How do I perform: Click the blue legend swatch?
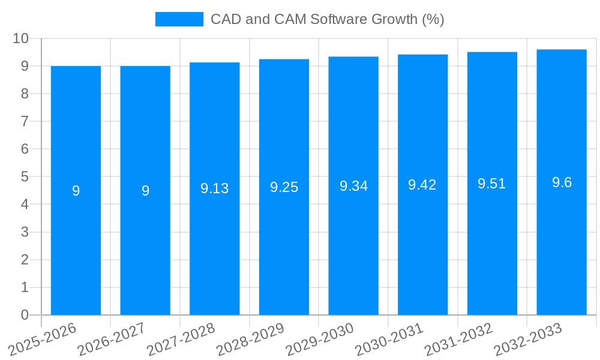point(179,19)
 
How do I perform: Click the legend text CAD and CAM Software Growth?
point(327,19)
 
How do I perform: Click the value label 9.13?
point(215,188)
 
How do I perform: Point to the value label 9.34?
point(353,186)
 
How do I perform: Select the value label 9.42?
point(422,185)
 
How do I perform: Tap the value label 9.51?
point(492,184)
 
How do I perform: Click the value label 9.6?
point(562,182)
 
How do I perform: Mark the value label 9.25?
point(284,187)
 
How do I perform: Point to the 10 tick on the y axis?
point(21,38)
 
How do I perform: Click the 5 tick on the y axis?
point(25,177)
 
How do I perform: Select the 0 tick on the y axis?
point(25,315)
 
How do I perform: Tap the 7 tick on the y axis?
point(25,121)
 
